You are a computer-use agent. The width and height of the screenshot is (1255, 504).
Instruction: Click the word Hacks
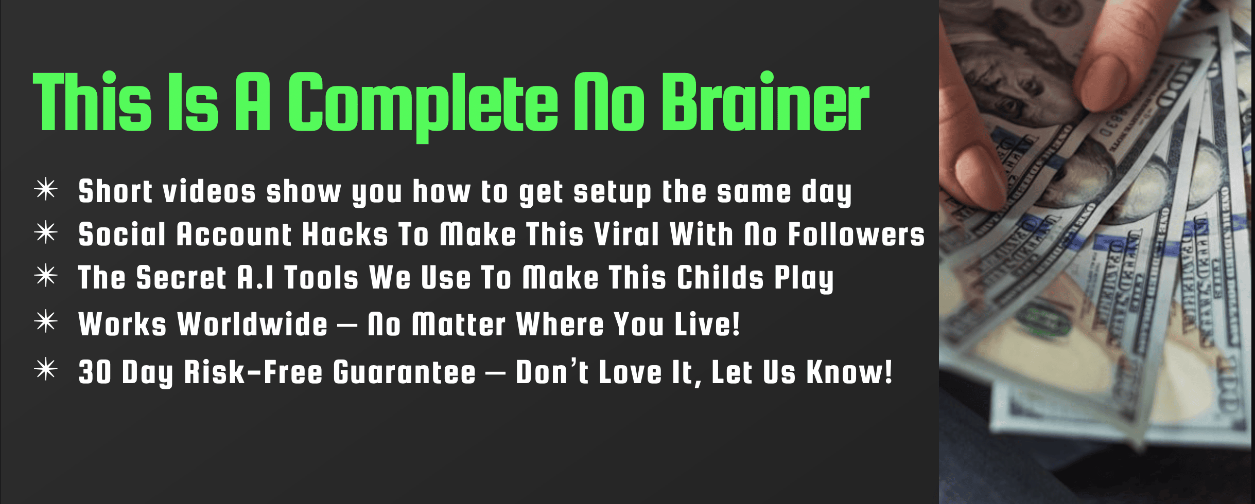tap(345, 235)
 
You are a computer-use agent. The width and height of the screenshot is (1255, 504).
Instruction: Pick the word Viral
tap(626, 235)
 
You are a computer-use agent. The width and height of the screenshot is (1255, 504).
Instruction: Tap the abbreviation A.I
tap(255, 278)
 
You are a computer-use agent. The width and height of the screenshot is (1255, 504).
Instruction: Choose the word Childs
tap(720, 278)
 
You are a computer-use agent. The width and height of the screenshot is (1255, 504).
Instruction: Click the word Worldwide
tap(252, 324)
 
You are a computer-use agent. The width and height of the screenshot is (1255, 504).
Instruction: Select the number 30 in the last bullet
tap(95, 372)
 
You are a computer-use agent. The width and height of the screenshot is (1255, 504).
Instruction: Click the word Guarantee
tap(404, 372)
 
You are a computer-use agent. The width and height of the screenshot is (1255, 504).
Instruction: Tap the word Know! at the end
tap(849, 372)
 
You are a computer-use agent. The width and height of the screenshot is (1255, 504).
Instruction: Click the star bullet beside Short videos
tap(46, 189)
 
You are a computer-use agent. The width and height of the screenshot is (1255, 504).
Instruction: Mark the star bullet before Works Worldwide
tap(46, 322)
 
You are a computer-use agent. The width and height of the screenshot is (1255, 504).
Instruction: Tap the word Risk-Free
tap(253, 372)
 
